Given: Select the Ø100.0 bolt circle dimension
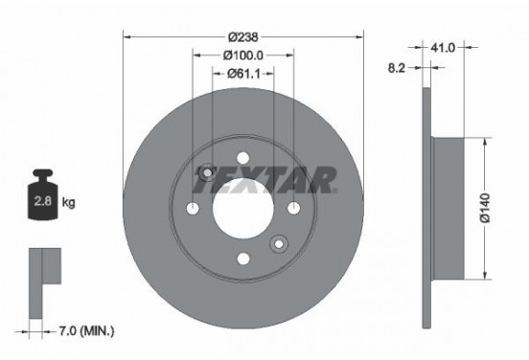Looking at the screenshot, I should (x=244, y=57).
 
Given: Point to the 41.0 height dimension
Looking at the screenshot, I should (x=443, y=45).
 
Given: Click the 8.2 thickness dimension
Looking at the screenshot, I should (x=395, y=69).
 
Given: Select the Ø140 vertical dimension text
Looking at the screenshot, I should (x=486, y=207).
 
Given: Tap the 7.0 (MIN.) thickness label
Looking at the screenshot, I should (x=83, y=331).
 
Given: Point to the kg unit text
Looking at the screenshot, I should (x=68, y=203).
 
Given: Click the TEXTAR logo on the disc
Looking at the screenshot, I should (x=269, y=177).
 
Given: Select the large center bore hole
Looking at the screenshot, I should (x=243, y=209).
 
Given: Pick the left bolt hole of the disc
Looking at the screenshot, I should (x=194, y=210).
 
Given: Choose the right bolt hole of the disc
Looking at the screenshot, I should (x=293, y=210).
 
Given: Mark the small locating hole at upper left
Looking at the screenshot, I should (x=206, y=171).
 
